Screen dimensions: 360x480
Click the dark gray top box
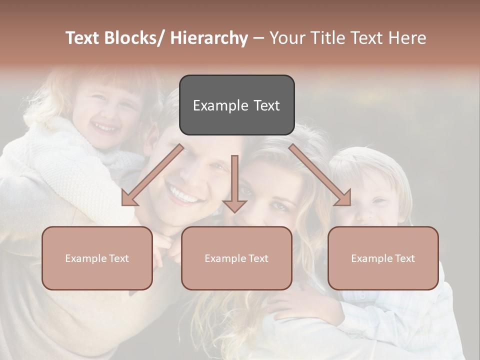(x=236, y=105)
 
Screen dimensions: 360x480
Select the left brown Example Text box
(x=97, y=258)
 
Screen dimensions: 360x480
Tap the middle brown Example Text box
(x=236, y=258)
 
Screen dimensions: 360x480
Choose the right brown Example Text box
(x=383, y=258)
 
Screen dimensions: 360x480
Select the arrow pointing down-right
(x=320, y=175)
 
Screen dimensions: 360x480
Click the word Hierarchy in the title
(x=209, y=38)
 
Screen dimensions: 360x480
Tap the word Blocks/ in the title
(x=136, y=38)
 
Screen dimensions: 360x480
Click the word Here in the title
(x=407, y=38)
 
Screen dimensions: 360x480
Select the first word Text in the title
(x=83, y=38)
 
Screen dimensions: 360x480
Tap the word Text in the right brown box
(x=403, y=258)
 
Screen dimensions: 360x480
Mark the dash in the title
(x=258, y=38)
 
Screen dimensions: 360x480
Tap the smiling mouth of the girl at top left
(x=105, y=128)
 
